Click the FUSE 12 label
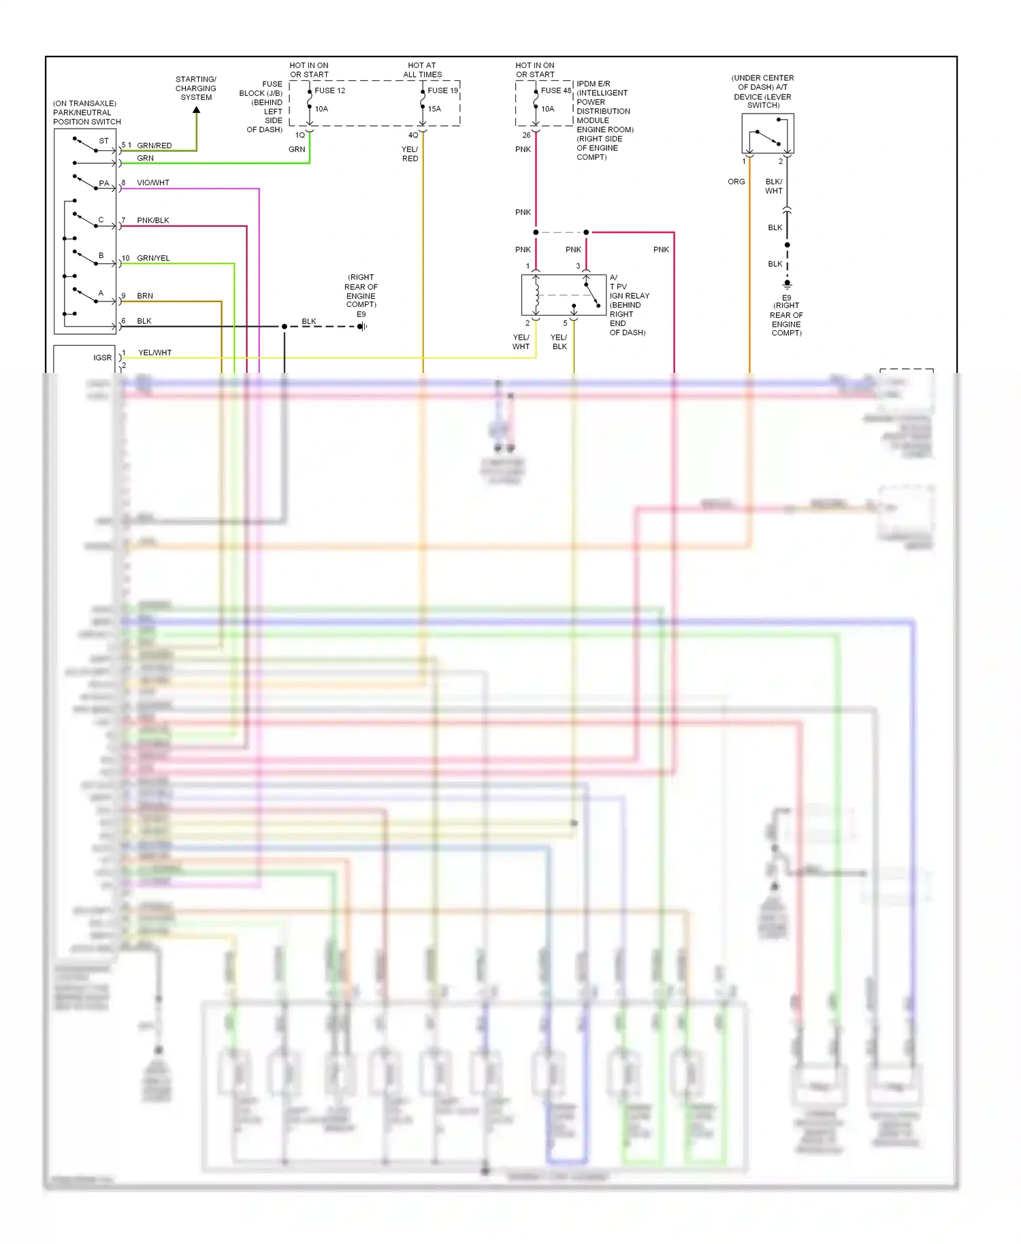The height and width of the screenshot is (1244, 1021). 329,91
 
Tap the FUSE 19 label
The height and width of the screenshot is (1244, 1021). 442,91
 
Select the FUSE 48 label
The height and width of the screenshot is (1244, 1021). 555,91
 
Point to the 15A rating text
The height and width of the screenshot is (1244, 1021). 434,109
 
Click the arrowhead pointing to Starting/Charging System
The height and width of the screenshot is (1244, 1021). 197,111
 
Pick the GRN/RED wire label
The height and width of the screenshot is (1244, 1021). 155,146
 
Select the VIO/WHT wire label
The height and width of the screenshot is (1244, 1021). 153,183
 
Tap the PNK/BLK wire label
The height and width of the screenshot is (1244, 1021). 153,220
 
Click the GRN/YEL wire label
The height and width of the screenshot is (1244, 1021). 153,259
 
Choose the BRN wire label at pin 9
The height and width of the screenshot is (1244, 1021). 145,296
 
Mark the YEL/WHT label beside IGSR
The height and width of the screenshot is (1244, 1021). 155,353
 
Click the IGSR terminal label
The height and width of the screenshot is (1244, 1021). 102,358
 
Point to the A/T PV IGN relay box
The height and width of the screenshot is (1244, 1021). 563,295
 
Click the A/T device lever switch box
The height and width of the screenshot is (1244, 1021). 768,133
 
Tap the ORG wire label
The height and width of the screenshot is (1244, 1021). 736,182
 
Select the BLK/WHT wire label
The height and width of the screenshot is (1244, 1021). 774,186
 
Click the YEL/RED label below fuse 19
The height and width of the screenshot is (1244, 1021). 410,154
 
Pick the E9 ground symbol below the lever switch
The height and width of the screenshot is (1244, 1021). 788,284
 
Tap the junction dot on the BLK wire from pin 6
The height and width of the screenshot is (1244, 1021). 285,327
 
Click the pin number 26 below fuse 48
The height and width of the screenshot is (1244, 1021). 526,135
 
